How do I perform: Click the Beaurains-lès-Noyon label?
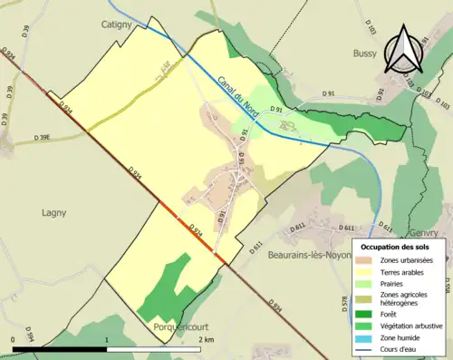click(x=295, y=256)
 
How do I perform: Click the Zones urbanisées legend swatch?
click(x=367, y=261)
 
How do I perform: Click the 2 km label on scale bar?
click(x=207, y=339)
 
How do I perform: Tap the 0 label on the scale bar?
click(x=14, y=339)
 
